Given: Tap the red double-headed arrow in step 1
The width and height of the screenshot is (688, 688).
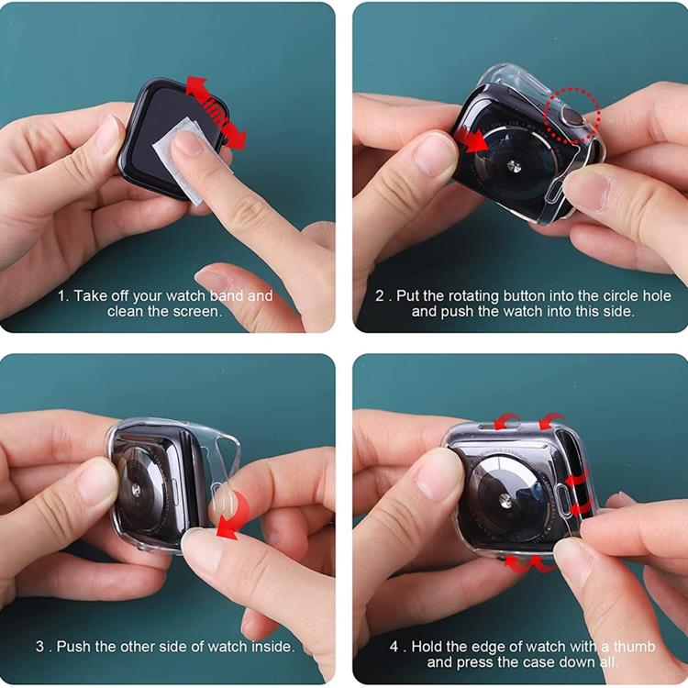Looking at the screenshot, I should click(x=216, y=112).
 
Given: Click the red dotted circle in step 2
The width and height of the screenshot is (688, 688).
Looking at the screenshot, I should click(x=572, y=116).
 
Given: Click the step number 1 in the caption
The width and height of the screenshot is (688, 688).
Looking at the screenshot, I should click(x=61, y=296).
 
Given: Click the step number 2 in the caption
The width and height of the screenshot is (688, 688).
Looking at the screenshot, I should click(x=379, y=296).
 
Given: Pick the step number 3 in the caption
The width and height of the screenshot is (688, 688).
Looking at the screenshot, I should click(x=39, y=647).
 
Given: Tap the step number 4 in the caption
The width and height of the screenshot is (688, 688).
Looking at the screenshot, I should click(x=394, y=647).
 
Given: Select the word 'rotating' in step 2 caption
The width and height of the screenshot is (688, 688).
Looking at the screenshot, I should click(x=474, y=296).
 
